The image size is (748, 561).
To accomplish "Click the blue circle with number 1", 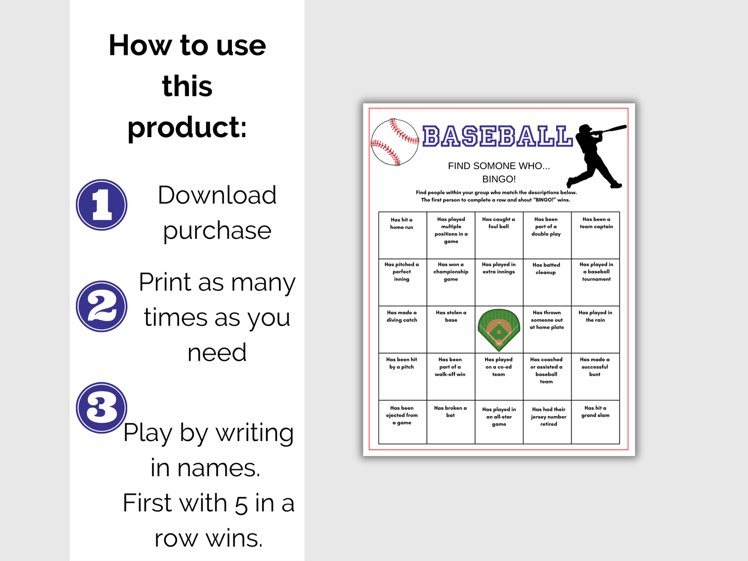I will (101, 204).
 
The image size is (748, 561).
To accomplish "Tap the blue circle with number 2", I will (101, 306).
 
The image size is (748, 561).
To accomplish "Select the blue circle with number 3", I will (101, 407).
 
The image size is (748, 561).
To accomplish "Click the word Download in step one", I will (217, 195).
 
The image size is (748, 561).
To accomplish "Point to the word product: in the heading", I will (187, 127).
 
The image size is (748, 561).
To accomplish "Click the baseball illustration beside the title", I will (394, 142).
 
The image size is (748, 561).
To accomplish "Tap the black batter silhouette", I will (595, 155).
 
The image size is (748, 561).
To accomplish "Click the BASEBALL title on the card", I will (497, 136).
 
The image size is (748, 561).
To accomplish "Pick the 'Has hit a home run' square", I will (402, 235).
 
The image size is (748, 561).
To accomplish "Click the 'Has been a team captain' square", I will (596, 235).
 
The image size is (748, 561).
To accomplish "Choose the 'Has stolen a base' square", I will (451, 329).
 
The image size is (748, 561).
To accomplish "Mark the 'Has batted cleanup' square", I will (547, 282).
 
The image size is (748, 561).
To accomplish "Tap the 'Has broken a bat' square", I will (450, 422).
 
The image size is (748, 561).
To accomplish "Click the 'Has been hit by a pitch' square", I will (402, 376).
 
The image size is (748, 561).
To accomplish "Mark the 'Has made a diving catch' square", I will (402, 329).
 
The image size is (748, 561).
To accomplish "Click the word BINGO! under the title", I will (499, 179).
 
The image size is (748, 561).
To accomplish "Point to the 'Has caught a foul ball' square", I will (498, 235).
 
